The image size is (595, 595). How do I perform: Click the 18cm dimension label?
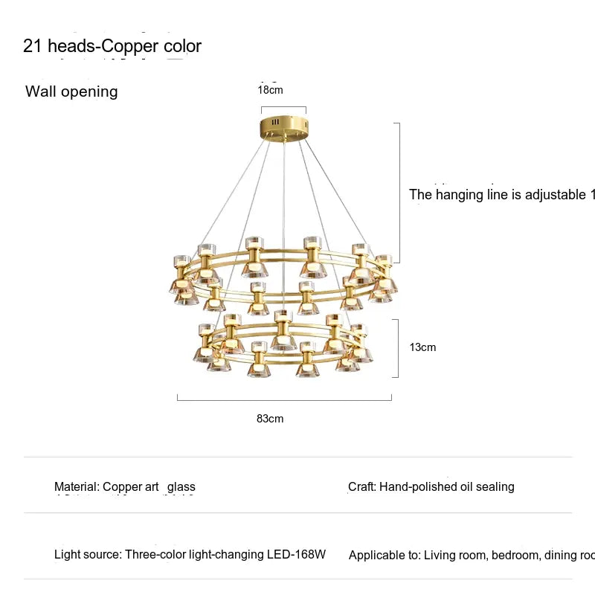point(270,90)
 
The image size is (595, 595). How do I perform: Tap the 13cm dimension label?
point(423,347)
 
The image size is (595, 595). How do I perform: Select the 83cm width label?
point(270,419)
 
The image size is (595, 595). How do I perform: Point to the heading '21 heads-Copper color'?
point(112,46)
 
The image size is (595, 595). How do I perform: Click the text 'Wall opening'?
point(71,91)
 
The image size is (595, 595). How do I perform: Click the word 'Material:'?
point(77,487)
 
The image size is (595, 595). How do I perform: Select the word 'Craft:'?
point(362,487)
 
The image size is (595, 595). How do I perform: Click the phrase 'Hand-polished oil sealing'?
point(447,487)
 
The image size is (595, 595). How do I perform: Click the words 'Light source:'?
point(88,554)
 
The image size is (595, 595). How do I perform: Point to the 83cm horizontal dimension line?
point(284,400)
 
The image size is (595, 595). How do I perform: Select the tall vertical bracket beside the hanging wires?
point(400,193)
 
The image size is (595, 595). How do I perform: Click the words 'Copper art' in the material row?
point(131,487)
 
